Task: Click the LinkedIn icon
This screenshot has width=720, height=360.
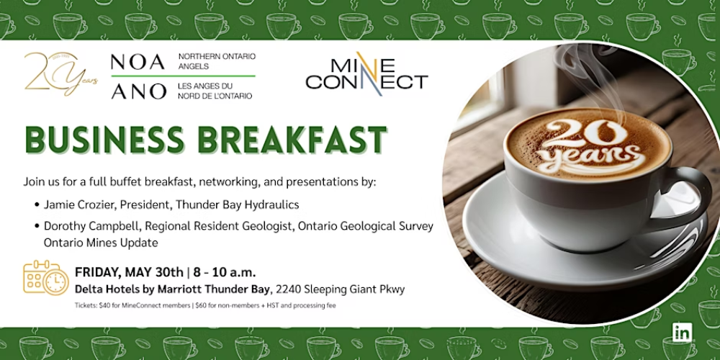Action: pos(683,333)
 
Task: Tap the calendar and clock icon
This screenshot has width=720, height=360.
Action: pos(46,277)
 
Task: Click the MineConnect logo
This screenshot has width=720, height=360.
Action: pos(366,73)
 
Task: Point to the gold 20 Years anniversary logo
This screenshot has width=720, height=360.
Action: pos(60,73)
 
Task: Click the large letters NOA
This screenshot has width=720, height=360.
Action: pos(138,62)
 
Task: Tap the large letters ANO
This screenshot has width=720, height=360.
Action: pos(139,91)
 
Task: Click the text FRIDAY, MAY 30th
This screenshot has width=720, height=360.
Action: pos(129,272)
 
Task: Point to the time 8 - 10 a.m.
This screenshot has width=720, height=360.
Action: pos(224,272)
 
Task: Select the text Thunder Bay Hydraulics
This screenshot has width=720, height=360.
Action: pos(235,204)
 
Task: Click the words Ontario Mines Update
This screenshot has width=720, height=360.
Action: pos(101,243)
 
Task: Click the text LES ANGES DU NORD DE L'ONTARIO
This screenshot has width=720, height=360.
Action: pos(215,91)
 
